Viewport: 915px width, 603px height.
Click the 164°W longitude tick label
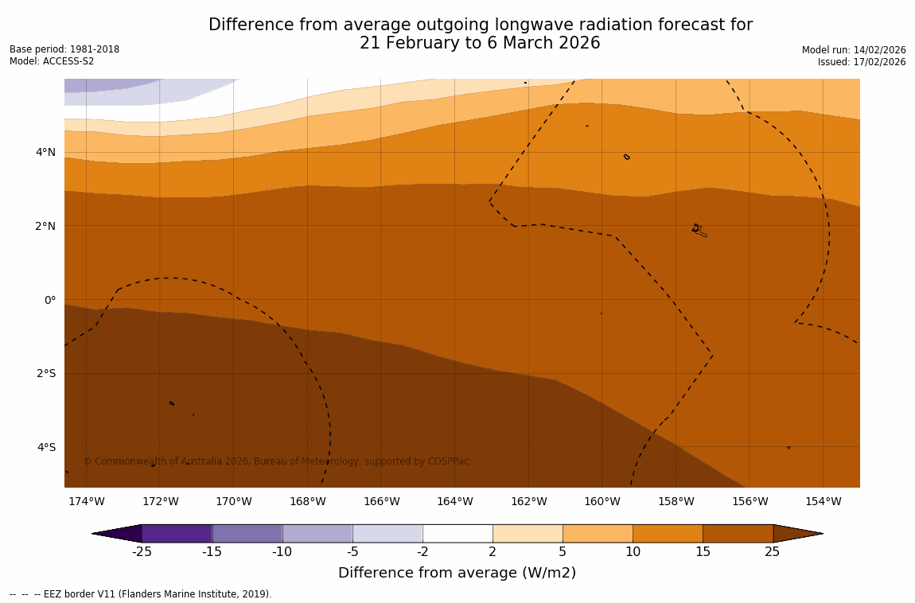(454, 501)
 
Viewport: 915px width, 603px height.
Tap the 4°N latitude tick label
(46, 152)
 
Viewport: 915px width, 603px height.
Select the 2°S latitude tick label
(46, 373)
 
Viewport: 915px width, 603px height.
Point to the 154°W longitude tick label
(823, 501)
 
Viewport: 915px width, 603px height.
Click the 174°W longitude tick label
(86, 501)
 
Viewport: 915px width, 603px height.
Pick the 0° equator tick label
(49, 300)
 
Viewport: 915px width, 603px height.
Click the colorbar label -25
(142, 552)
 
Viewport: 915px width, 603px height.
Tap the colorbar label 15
(703, 552)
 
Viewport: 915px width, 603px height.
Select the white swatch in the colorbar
(457, 533)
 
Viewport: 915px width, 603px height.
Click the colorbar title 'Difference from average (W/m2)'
(457, 573)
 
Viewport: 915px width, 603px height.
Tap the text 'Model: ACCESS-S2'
(52, 61)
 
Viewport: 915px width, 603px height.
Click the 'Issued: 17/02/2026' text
(862, 62)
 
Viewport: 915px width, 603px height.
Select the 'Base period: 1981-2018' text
(64, 49)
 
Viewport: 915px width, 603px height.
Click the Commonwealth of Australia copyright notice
(276, 461)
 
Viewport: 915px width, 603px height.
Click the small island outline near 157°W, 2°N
(699, 230)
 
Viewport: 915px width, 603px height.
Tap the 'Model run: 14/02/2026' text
(854, 49)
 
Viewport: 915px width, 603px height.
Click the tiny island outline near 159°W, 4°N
(627, 157)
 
